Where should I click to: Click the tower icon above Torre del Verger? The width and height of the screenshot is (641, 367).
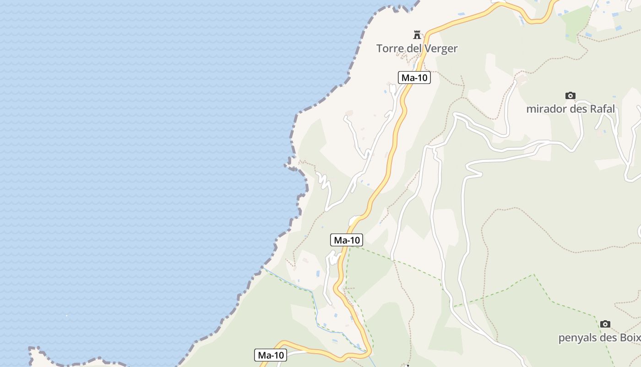coord(417,34)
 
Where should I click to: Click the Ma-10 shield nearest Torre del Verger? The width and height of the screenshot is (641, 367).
coord(414,78)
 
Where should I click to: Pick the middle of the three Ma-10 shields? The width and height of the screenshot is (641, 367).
coord(347,240)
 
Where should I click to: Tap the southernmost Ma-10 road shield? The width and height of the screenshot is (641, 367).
coord(271,355)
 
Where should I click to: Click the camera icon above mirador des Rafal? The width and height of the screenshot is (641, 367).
coord(570,95)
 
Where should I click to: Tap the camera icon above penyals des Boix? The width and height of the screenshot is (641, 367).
coord(605,324)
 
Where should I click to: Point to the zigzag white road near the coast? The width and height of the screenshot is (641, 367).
coord(324,181)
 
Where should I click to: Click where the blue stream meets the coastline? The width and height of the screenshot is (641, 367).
coord(263,267)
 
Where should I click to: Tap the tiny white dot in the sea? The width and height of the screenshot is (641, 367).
coord(66,315)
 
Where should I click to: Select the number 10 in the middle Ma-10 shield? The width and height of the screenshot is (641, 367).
coord(354,240)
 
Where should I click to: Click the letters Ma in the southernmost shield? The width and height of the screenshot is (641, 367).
coord(264,355)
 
